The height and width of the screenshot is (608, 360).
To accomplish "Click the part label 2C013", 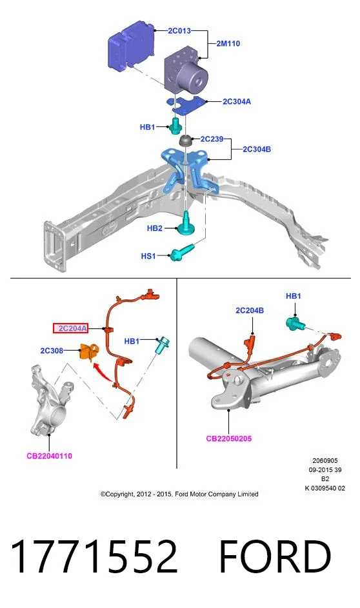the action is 179,31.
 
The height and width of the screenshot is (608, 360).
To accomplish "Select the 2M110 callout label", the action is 228,43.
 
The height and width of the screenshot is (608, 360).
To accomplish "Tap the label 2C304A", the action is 237,102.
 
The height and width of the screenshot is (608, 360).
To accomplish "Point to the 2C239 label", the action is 212,139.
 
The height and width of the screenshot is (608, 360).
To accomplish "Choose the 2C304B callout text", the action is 257,149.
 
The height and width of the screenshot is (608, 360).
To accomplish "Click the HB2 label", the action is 154,228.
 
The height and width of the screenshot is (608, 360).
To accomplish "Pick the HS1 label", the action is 148,256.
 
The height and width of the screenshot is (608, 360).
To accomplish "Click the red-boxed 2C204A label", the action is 70,328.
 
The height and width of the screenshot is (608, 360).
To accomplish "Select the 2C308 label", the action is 52,351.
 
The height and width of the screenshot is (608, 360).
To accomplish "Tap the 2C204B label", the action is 250,310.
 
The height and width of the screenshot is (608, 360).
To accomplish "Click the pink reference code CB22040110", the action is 49,456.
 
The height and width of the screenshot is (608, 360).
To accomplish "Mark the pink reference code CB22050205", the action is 229,438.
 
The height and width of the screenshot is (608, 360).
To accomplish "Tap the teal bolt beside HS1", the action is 183,251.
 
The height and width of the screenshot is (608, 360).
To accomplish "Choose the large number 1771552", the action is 94,557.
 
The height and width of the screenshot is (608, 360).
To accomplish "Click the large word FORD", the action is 275,557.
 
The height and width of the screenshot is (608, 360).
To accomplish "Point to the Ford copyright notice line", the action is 179,494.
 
